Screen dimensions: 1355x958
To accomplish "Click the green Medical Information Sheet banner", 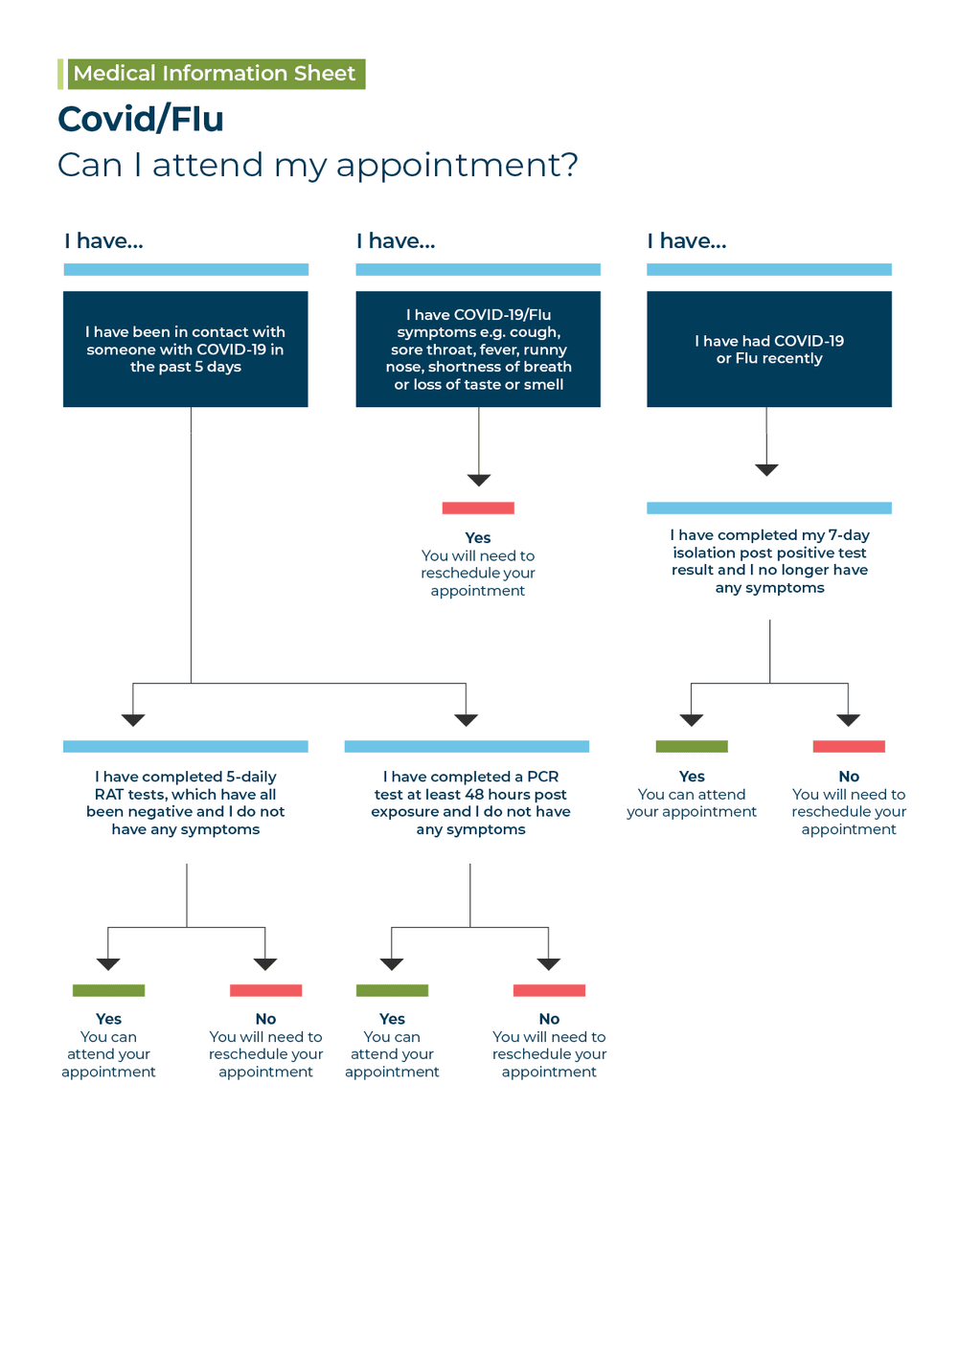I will point(214,74).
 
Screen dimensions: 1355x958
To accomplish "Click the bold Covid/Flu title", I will point(141,119).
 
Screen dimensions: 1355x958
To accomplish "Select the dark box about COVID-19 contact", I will point(186,350).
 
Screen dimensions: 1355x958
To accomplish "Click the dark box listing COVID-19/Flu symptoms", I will point(478,350).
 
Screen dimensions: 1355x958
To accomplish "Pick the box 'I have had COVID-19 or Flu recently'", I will point(769,350).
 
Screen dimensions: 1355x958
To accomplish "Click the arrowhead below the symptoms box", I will point(479,480).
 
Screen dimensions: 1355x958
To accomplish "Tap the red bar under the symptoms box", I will point(478,508).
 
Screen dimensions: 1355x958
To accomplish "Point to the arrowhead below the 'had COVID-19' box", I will point(766,469).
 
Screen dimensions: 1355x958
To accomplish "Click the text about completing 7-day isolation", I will point(769,561).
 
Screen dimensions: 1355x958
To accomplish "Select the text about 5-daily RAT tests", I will point(186,802).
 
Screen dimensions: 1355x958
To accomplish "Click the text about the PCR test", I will point(470,802).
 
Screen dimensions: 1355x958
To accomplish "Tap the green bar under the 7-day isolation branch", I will point(692,746).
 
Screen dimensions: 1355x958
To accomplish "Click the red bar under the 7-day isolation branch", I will point(849,746).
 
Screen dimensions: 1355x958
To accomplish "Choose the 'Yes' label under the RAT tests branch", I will point(108,1019).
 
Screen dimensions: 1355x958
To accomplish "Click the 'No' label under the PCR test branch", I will point(549,1019).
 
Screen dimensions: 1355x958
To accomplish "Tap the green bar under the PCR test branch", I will point(392,990).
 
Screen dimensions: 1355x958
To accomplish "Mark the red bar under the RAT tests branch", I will point(265,990).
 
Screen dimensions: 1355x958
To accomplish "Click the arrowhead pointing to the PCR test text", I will point(467,720).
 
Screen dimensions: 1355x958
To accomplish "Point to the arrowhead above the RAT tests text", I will point(133,720).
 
